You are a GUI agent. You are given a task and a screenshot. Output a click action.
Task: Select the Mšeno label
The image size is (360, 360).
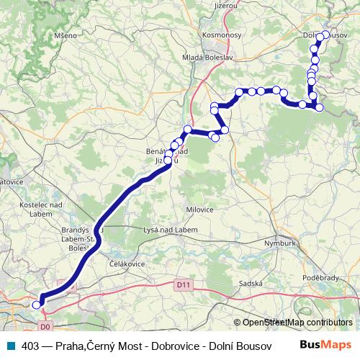[53, 35]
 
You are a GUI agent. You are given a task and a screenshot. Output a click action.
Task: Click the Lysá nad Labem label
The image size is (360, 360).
[150, 230]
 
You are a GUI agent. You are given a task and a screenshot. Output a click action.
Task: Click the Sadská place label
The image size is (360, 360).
[251, 284]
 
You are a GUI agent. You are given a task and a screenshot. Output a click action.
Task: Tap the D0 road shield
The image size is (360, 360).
[46, 326]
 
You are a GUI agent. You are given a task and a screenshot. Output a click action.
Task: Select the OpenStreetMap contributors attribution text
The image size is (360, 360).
[297, 323]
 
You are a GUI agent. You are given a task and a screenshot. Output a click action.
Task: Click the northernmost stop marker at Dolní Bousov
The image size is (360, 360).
[325, 35]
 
